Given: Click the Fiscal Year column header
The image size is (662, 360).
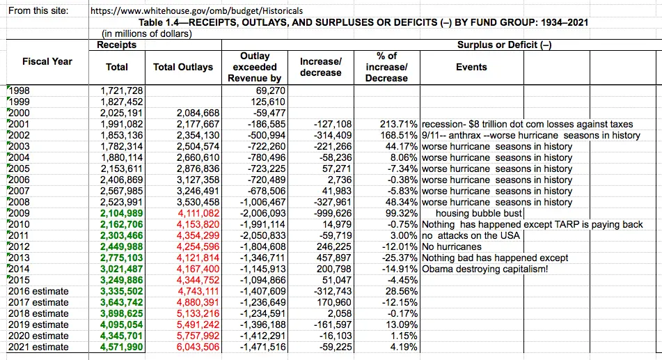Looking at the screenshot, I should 47,61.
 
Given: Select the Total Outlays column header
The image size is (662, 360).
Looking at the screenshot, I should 183,67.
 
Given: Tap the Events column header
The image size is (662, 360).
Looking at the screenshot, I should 471,67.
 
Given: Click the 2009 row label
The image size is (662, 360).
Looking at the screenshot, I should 19,213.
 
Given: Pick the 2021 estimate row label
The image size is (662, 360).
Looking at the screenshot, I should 38,347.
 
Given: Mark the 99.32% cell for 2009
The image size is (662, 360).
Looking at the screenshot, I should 401,213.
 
